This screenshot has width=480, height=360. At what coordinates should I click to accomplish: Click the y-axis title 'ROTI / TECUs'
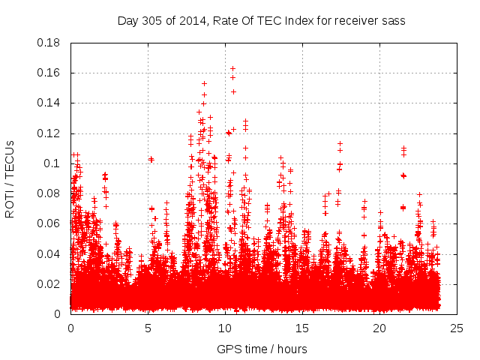(x=10, y=178)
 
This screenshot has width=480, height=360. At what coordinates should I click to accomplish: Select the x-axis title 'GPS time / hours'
(x=262, y=349)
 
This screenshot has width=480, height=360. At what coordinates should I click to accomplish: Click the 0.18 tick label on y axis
(x=49, y=43)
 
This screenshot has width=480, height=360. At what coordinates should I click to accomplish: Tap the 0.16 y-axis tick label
(x=49, y=73)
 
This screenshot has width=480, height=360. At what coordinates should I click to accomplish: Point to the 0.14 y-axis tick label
(x=49, y=103)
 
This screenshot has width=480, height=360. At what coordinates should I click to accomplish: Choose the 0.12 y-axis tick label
(x=49, y=133)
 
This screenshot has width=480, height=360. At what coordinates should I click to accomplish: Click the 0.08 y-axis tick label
(x=49, y=193)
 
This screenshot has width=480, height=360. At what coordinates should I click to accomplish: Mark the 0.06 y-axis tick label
(x=49, y=223)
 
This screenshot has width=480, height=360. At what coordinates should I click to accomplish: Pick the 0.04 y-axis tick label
(x=49, y=253)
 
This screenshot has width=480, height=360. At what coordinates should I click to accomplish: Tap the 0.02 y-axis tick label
(x=49, y=283)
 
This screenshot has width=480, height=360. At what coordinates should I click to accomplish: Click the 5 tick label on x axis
(x=148, y=328)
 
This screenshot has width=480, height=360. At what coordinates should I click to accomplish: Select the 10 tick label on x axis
(x=225, y=328)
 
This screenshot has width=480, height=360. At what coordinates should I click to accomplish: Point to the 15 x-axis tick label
(x=302, y=328)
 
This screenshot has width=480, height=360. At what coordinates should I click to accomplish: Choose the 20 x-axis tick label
(x=379, y=328)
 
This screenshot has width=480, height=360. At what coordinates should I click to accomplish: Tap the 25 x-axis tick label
(x=457, y=328)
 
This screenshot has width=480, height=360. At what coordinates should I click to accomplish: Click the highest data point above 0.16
(x=232, y=68)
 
